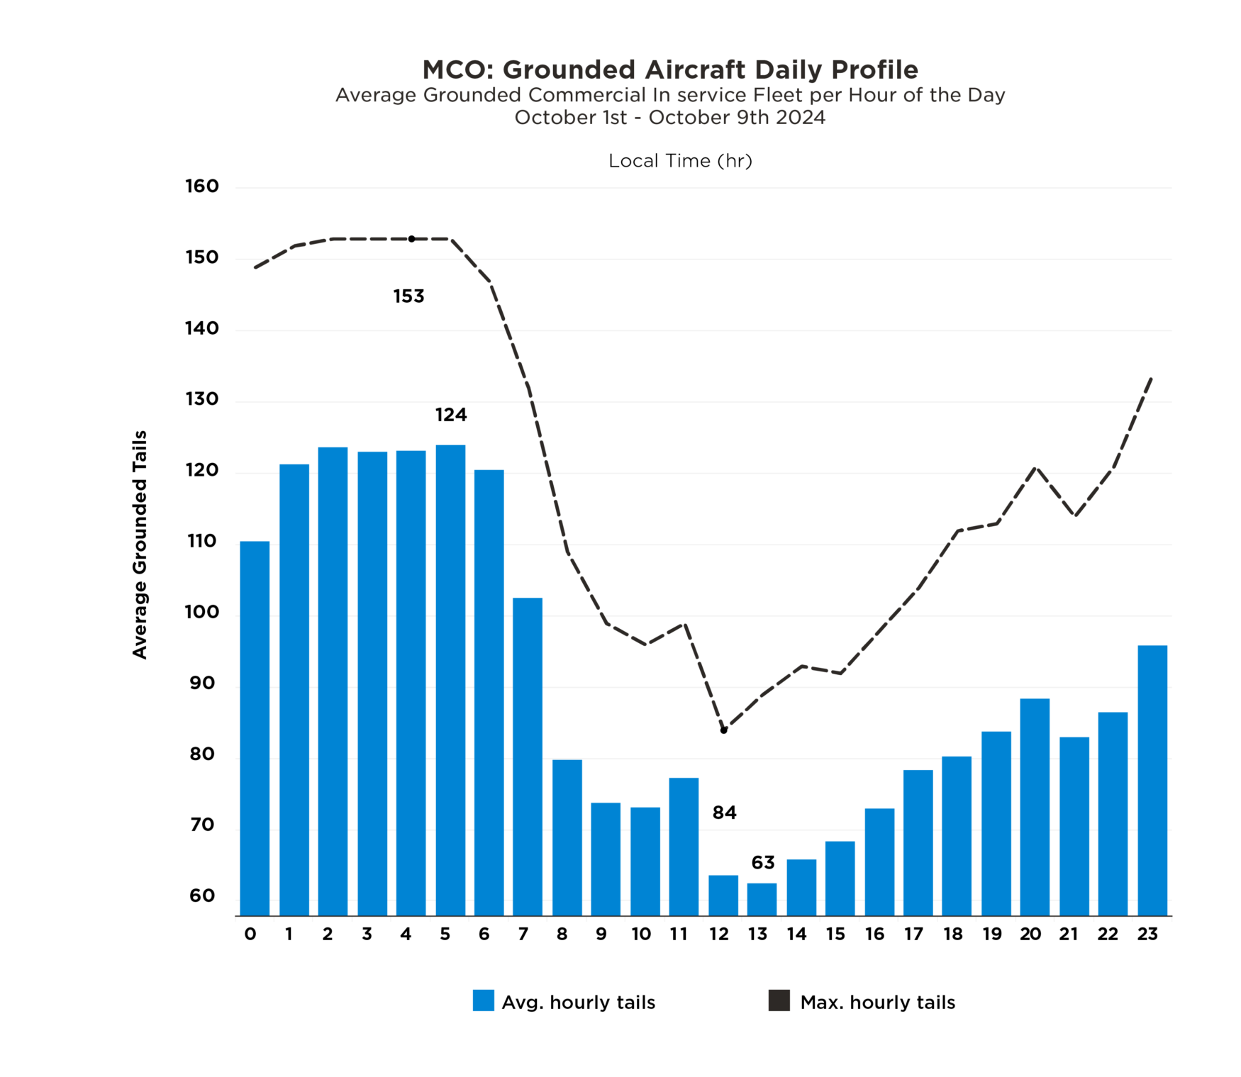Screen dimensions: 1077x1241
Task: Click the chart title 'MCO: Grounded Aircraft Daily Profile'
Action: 669,69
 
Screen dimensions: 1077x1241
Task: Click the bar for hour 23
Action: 1152,780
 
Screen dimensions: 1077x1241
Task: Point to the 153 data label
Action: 408,296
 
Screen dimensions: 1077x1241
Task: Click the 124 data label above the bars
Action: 451,415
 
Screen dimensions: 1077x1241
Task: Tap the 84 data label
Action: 724,813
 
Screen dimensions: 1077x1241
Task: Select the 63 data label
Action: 763,863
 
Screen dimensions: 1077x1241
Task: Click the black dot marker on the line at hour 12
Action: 723,730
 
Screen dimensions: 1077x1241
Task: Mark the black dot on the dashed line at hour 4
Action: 411,239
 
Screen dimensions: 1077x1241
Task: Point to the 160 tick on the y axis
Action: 202,186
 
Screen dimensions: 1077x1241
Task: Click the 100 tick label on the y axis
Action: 202,612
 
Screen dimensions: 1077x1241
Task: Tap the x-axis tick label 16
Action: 874,934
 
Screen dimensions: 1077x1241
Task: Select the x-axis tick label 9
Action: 601,934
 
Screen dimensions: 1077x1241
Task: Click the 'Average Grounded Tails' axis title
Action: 140,545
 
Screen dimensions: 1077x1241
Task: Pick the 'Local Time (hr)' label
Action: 680,161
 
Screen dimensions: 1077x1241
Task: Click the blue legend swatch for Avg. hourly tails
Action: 483,1000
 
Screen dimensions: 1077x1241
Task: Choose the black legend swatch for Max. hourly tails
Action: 779,1000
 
